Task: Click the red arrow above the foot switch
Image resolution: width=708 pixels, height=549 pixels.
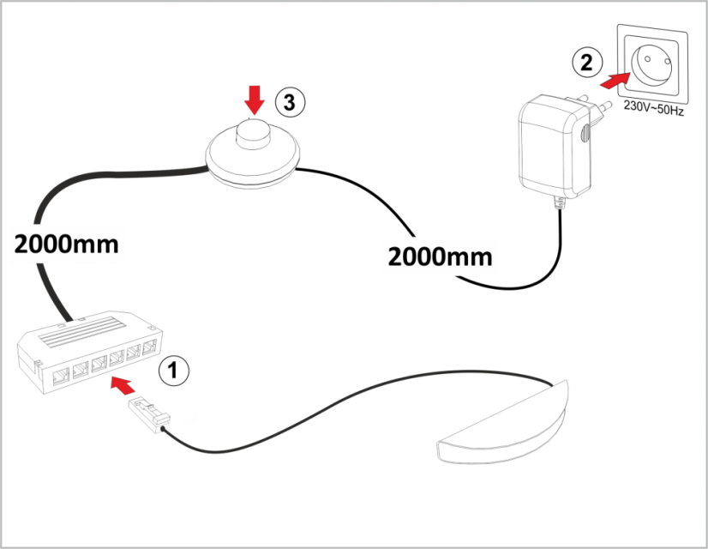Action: [x=254, y=99]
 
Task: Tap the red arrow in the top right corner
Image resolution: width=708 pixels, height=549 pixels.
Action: [x=615, y=81]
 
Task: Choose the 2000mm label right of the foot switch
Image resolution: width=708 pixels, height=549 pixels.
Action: [x=440, y=256]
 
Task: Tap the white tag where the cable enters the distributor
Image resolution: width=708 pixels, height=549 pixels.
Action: [x=74, y=324]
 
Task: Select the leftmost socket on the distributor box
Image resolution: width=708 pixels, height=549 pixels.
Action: [x=61, y=374]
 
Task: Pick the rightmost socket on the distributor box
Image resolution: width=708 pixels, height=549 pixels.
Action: [x=151, y=347]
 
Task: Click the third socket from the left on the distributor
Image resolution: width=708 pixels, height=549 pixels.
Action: [x=99, y=363]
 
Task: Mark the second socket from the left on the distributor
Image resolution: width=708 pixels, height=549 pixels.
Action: [x=80, y=369]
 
